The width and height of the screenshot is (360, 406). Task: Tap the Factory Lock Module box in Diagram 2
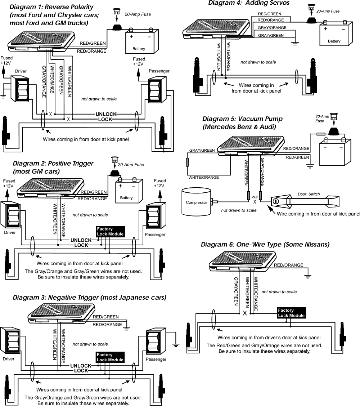click(x=110, y=232)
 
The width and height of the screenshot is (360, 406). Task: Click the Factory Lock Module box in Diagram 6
click(x=291, y=313)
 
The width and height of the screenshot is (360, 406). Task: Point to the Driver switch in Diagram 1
click(x=21, y=88)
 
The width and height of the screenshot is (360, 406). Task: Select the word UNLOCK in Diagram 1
click(x=106, y=114)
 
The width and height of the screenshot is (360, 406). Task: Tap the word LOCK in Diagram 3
click(x=81, y=371)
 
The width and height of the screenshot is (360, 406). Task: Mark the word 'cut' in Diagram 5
click(x=255, y=197)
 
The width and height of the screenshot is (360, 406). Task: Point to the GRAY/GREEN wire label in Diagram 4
click(x=270, y=35)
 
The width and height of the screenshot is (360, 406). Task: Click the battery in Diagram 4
click(x=334, y=35)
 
